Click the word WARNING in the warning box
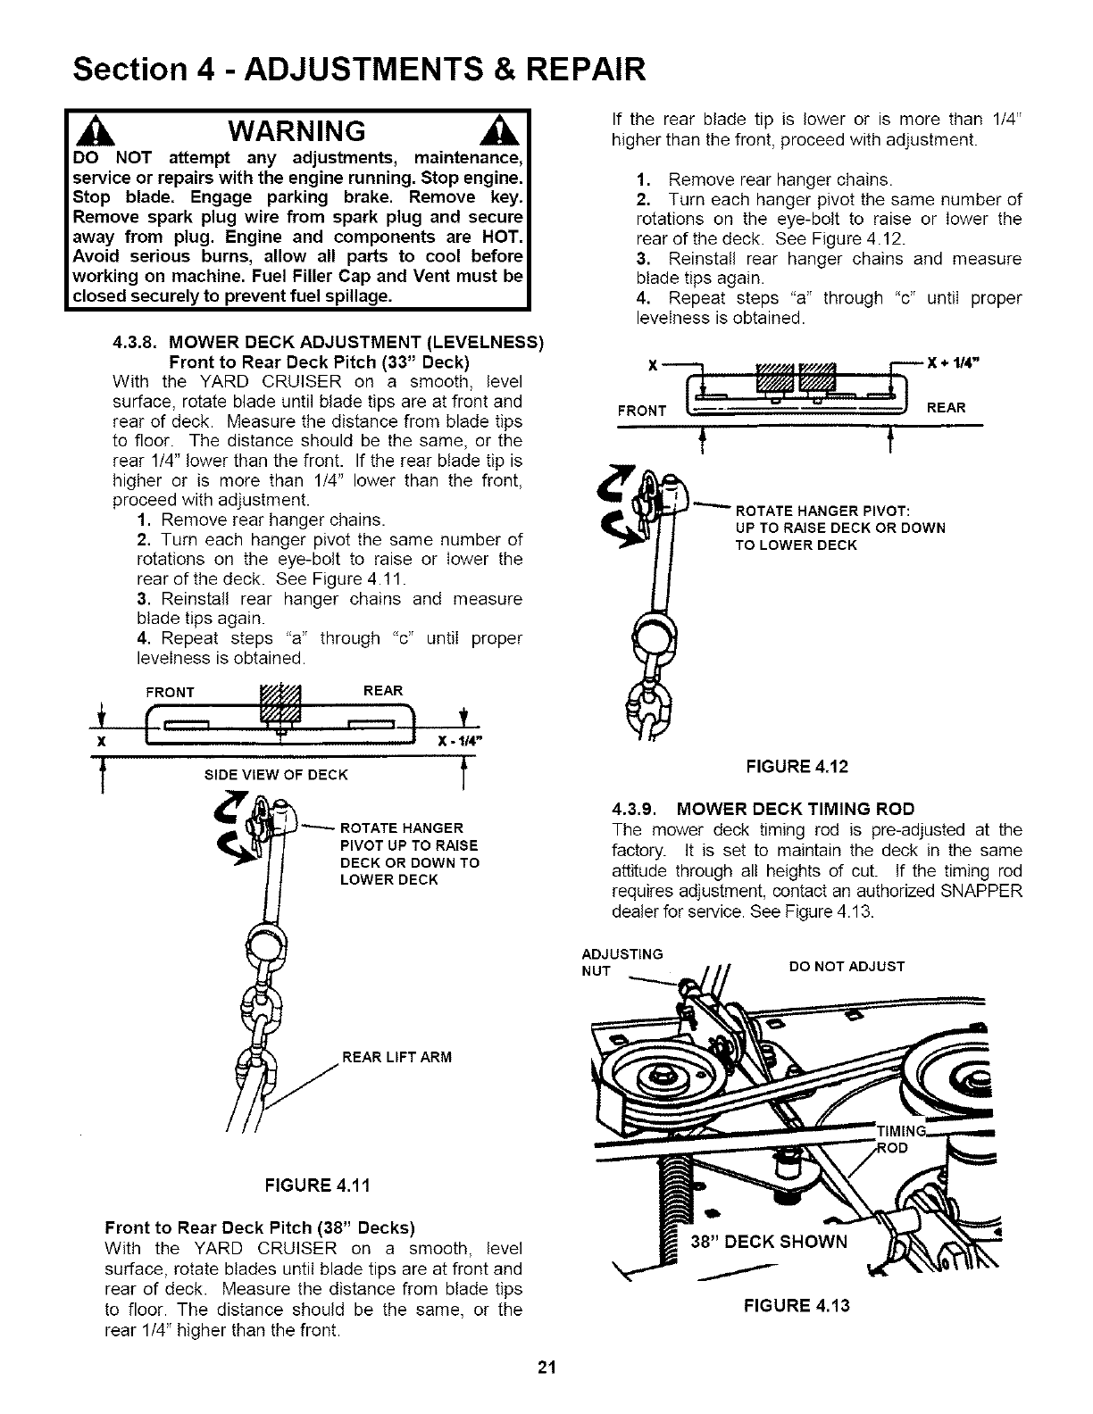(296, 130)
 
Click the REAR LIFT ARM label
(397, 1057)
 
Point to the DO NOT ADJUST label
(847, 966)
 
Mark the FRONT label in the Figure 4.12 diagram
(641, 411)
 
